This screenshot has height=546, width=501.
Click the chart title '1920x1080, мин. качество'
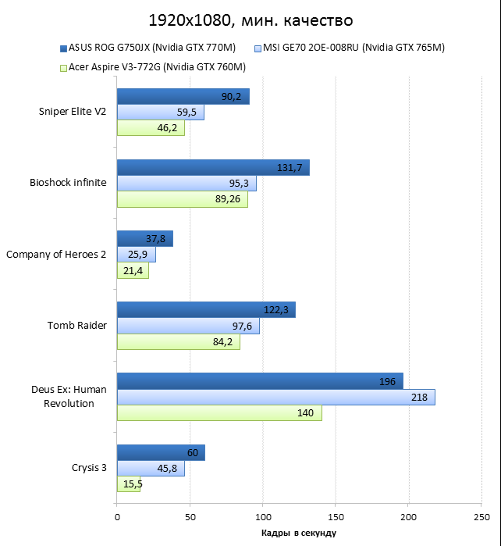coord(250,19)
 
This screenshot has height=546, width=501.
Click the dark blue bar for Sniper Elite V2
coord(183,97)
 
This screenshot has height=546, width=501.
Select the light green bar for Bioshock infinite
coord(182,199)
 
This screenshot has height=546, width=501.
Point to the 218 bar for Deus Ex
coord(275,398)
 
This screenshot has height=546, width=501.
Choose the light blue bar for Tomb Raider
coord(188,326)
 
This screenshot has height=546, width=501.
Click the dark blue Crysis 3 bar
coord(161,453)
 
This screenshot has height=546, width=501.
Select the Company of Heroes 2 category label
coord(56,255)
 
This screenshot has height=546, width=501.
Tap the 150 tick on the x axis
coord(336,517)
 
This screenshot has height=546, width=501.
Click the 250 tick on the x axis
coord(481,517)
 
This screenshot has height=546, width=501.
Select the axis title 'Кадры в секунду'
coord(299,534)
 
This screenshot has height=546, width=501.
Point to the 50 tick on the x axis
coord(190,517)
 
